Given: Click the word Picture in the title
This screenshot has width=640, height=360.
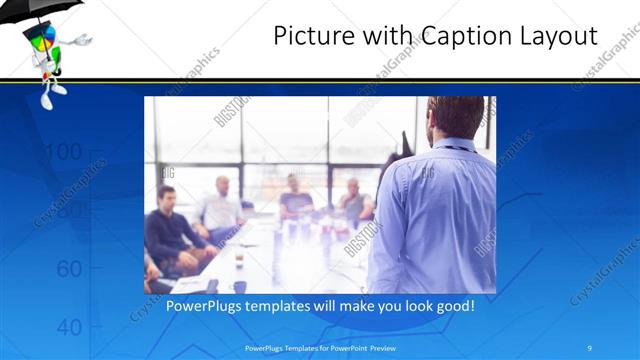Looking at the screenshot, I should click(x=312, y=36).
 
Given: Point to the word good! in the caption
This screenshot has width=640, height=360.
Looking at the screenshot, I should click(x=455, y=305).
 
